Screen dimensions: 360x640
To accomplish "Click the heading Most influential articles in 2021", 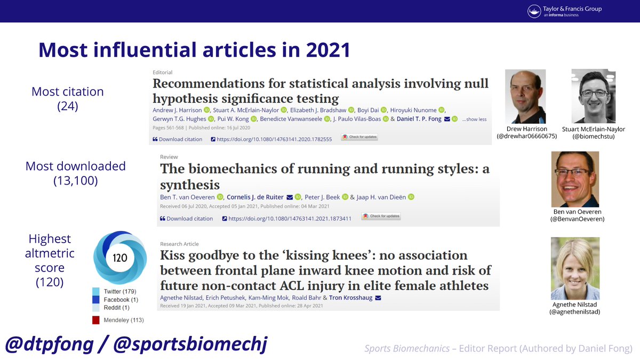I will click(194, 50).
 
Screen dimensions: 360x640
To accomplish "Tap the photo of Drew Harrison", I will click(525, 97).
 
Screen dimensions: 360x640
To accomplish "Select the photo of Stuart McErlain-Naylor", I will click(593, 97).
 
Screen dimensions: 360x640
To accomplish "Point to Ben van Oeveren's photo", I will click(575, 179).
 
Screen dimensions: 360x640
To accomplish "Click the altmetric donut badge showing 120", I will click(120, 258).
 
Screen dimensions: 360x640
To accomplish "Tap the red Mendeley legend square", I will click(96, 320).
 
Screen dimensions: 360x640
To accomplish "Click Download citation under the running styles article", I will click(186, 218).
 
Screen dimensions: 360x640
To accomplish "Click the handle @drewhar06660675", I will click(526, 137).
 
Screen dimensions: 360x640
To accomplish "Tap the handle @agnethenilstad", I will click(575, 311).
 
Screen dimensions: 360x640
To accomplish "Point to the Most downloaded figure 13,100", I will click(75, 181).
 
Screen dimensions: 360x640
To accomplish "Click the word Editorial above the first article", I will click(163, 73).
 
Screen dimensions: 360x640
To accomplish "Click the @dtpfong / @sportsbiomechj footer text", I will click(136, 344).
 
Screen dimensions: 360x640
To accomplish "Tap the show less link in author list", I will click(474, 119).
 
